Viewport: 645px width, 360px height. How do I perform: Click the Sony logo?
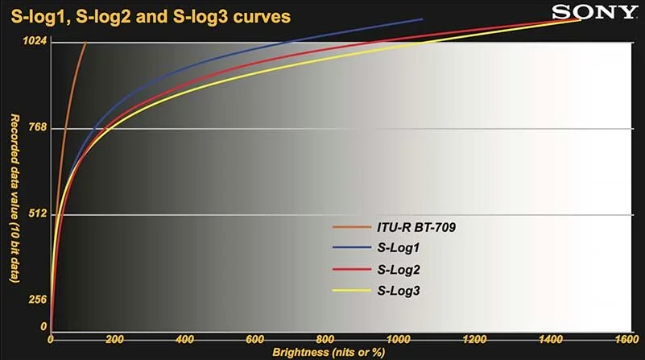595,12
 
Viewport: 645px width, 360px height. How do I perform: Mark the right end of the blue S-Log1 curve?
422,19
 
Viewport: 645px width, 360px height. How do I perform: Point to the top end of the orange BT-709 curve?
85,43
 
